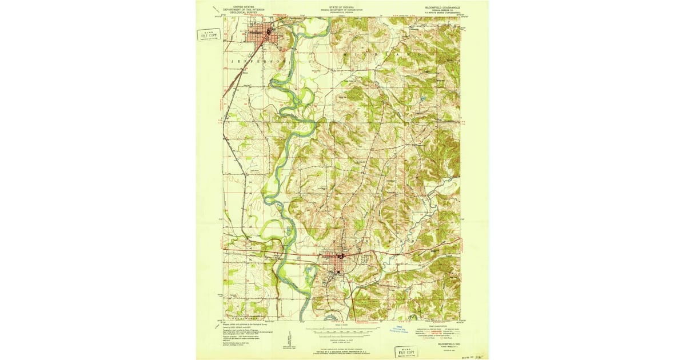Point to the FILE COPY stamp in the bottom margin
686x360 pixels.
click(407, 350)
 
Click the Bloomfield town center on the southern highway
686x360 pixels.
click(338, 257)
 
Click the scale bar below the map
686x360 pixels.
click(343, 330)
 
